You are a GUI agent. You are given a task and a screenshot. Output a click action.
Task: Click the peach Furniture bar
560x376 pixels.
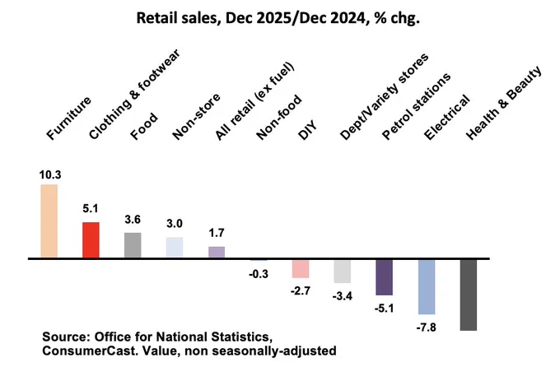(x=49, y=220)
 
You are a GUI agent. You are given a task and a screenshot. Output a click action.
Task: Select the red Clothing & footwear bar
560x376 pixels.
(x=91, y=239)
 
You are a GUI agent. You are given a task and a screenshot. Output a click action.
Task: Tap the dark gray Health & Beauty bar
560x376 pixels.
(x=469, y=295)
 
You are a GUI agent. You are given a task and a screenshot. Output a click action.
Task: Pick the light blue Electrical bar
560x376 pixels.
(x=427, y=287)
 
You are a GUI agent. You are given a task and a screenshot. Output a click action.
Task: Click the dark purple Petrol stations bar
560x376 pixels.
(x=385, y=277)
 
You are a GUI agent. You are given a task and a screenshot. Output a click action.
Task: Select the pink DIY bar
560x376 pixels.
(x=301, y=268)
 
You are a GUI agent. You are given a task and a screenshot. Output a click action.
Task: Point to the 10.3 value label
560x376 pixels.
(x=50, y=174)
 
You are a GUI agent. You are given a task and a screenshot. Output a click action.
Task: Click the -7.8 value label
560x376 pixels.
(x=426, y=327)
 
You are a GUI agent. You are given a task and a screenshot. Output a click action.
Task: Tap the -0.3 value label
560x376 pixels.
(x=259, y=274)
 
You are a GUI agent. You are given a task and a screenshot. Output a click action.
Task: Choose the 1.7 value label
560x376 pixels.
(x=217, y=233)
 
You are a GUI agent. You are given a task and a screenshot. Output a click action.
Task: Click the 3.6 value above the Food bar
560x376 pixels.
(x=133, y=220)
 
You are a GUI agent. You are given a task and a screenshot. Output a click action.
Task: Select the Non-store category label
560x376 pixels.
(x=196, y=117)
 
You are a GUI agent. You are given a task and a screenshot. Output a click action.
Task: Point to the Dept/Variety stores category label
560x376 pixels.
(x=384, y=97)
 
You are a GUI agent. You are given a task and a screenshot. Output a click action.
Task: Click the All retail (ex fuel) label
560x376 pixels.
(x=254, y=102)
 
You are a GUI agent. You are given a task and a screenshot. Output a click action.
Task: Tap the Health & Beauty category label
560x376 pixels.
(x=503, y=103)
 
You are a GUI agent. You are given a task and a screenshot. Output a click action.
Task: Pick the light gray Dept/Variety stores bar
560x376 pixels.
(x=343, y=272)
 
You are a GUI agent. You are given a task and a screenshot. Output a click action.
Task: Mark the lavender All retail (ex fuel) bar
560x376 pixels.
(x=217, y=252)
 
